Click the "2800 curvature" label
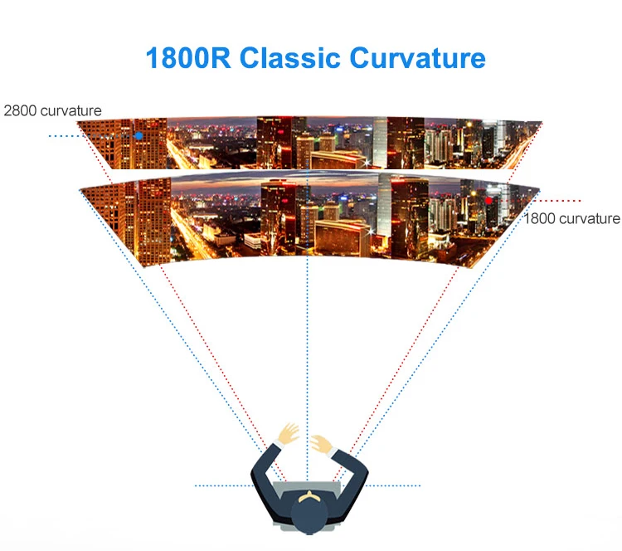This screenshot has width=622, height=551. (x=52, y=110)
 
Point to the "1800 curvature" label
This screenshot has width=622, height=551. (x=571, y=219)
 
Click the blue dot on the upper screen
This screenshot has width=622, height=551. (x=139, y=135)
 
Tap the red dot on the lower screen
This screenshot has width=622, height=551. (x=489, y=200)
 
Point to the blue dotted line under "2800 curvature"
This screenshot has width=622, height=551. (x=62, y=135)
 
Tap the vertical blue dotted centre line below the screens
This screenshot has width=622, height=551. (x=307, y=349)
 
